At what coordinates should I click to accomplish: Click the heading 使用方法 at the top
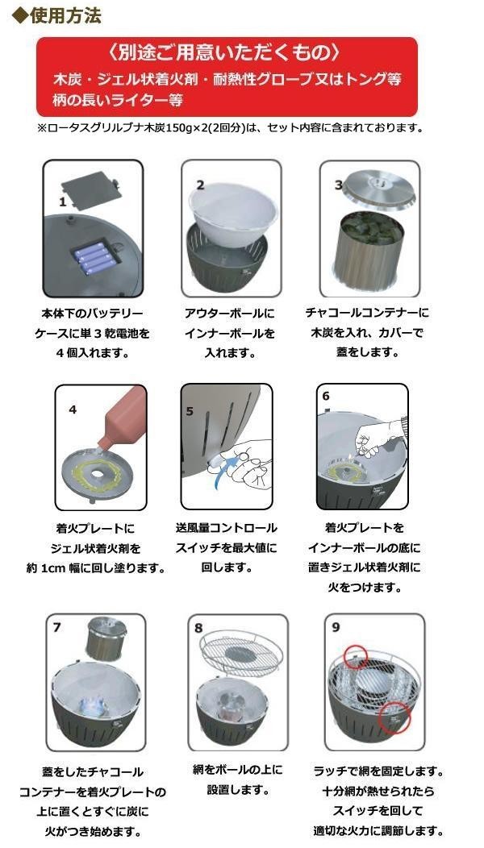click(x=65, y=15)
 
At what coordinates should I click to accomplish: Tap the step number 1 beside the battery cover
click(x=63, y=202)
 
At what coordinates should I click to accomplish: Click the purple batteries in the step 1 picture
click(x=94, y=256)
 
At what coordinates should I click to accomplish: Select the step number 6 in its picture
click(x=326, y=397)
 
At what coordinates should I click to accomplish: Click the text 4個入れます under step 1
click(x=92, y=353)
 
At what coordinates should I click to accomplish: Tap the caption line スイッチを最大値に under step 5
click(x=226, y=547)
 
